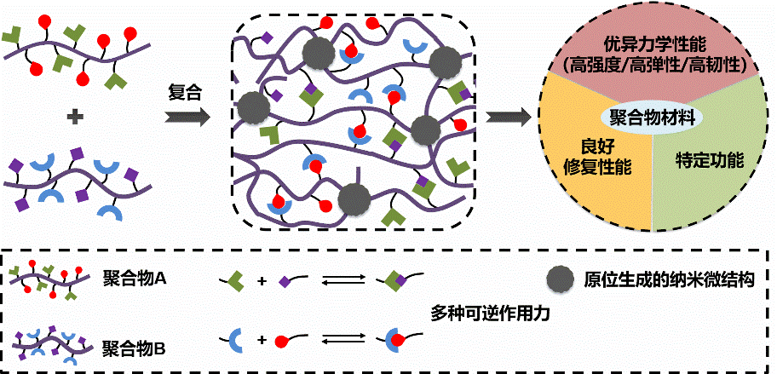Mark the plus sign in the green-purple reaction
pos(260,279)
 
